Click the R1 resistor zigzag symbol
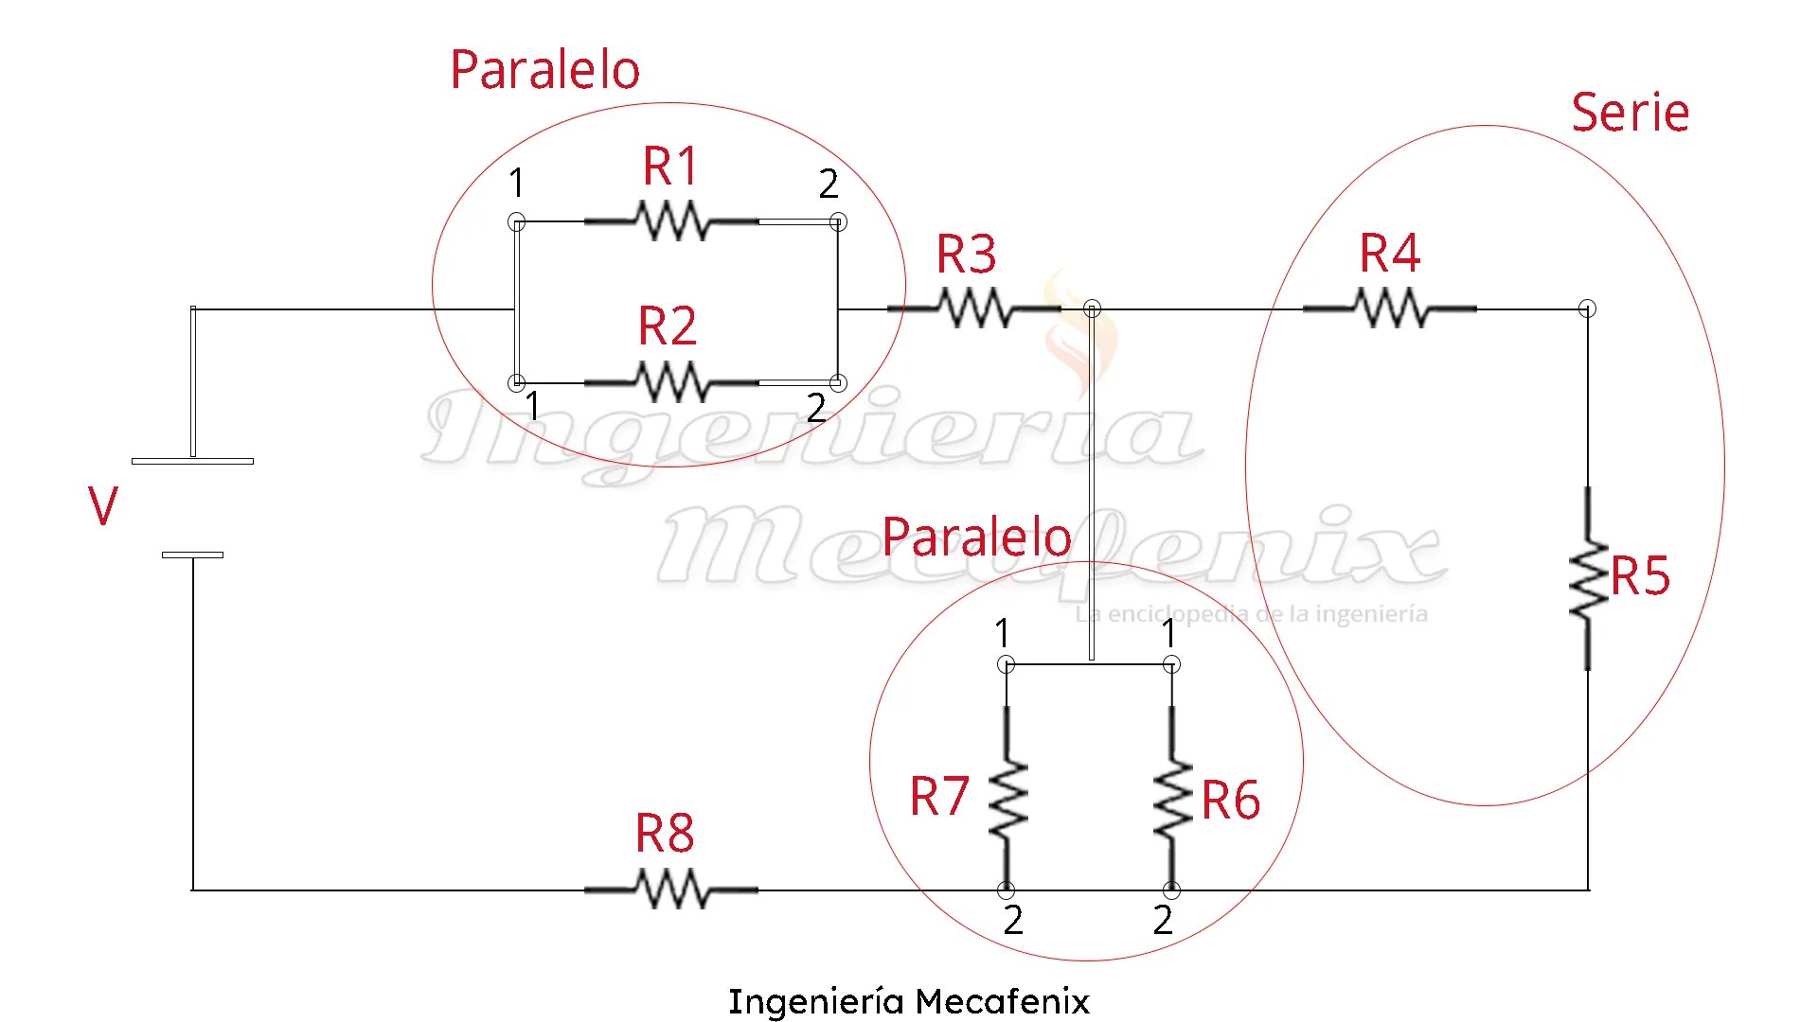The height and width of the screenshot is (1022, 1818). click(x=671, y=221)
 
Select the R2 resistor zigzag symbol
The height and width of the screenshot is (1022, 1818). click(x=671, y=382)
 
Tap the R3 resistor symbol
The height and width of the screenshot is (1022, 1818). click(x=973, y=308)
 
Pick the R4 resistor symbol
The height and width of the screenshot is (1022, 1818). click(x=1389, y=308)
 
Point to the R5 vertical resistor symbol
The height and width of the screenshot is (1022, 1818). click(x=1588, y=578)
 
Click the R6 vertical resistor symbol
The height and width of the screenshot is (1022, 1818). click(x=1172, y=799)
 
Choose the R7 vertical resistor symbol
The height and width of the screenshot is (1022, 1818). click(x=1007, y=799)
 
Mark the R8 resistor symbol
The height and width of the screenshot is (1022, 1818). click(x=671, y=890)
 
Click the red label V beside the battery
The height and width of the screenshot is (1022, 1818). click(x=103, y=506)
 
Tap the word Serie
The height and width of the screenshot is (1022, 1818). click(x=1630, y=114)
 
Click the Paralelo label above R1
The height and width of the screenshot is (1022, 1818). click(x=544, y=70)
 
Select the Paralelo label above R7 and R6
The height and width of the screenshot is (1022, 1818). click(x=976, y=537)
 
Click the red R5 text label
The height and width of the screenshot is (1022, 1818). click(x=1641, y=575)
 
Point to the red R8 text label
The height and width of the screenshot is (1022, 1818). click(x=665, y=834)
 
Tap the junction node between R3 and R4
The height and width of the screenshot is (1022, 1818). click(x=1092, y=308)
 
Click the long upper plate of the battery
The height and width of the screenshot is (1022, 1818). click(x=192, y=461)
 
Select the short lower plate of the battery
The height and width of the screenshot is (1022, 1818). click(x=192, y=555)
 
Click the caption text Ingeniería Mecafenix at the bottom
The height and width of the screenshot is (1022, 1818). click(x=909, y=1001)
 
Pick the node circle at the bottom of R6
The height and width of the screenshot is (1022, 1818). click(x=1172, y=890)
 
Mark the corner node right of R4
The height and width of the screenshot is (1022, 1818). click(x=1588, y=308)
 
